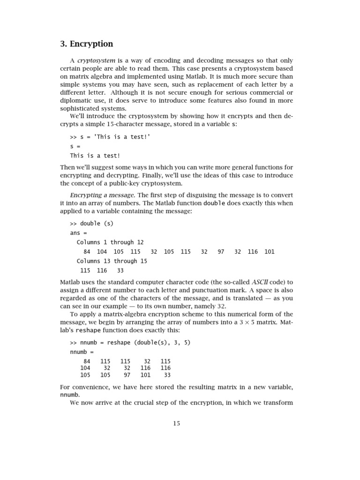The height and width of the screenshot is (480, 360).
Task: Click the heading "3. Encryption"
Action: (87, 44)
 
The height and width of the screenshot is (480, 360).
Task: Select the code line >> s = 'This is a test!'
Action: (110, 136)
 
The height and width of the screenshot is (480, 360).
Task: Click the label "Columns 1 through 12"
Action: (110, 242)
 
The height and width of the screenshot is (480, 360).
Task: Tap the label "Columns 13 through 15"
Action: (112, 261)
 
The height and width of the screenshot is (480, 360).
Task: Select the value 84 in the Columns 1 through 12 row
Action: (87, 252)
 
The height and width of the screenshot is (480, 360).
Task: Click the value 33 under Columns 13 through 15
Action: (120, 270)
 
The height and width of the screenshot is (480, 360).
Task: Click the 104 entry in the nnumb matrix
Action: (85, 368)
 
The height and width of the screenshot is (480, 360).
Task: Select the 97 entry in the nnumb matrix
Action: (127, 375)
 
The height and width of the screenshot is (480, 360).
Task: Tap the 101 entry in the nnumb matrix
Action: (145, 375)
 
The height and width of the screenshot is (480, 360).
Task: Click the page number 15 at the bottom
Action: (176, 423)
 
